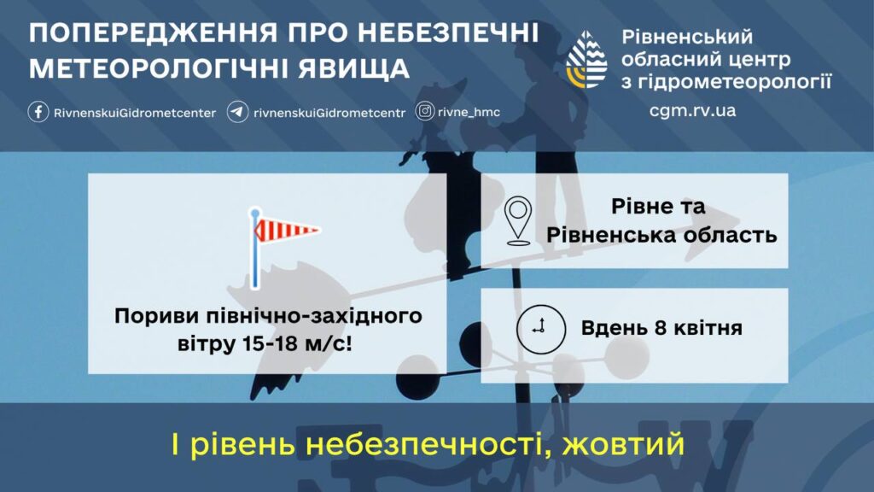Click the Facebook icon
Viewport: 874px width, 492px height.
(x=38, y=112)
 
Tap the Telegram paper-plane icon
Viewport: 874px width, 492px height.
(x=237, y=112)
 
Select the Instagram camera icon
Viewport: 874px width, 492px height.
(x=425, y=112)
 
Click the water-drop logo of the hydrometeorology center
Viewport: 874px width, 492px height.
(x=586, y=59)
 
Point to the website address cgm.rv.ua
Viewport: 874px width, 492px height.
(x=692, y=110)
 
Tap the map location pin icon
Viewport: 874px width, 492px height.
(x=518, y=220)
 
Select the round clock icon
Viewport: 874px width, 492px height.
(x=540, y=329)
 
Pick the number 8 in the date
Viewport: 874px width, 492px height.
(x=661, y=327)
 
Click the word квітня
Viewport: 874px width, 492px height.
(x=708, y=327)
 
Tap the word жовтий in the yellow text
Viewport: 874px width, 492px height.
(x=622, y=444)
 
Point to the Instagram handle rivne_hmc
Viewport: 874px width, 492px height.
(x=469, y=112)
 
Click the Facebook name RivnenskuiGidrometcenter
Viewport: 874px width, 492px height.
(x=135, y=113)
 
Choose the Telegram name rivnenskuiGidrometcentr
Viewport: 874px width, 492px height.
(x=329, y=113)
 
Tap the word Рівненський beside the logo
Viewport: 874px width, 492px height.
(x=687, y=38)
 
